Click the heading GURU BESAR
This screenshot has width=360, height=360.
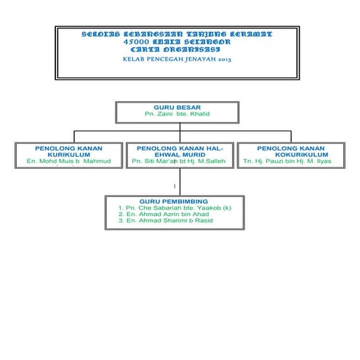[x=177, y=107]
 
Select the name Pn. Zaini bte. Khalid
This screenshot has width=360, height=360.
[x=177, y=114]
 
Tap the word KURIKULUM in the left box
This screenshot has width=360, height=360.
[x=68, y=154]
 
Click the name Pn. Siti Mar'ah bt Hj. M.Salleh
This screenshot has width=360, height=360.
[x=179, y=161]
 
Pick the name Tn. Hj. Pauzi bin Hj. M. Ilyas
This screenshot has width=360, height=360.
[x=287, y=161]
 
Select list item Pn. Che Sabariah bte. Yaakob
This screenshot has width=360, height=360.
[x=174, y=207]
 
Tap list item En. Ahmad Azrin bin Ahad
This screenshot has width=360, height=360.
[x=163, y=214]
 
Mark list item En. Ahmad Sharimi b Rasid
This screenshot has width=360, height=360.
[x=164, y=220]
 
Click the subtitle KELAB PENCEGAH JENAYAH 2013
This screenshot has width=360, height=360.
[x=177, y=59]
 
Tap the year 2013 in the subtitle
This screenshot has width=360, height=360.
[x=223, y=59]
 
